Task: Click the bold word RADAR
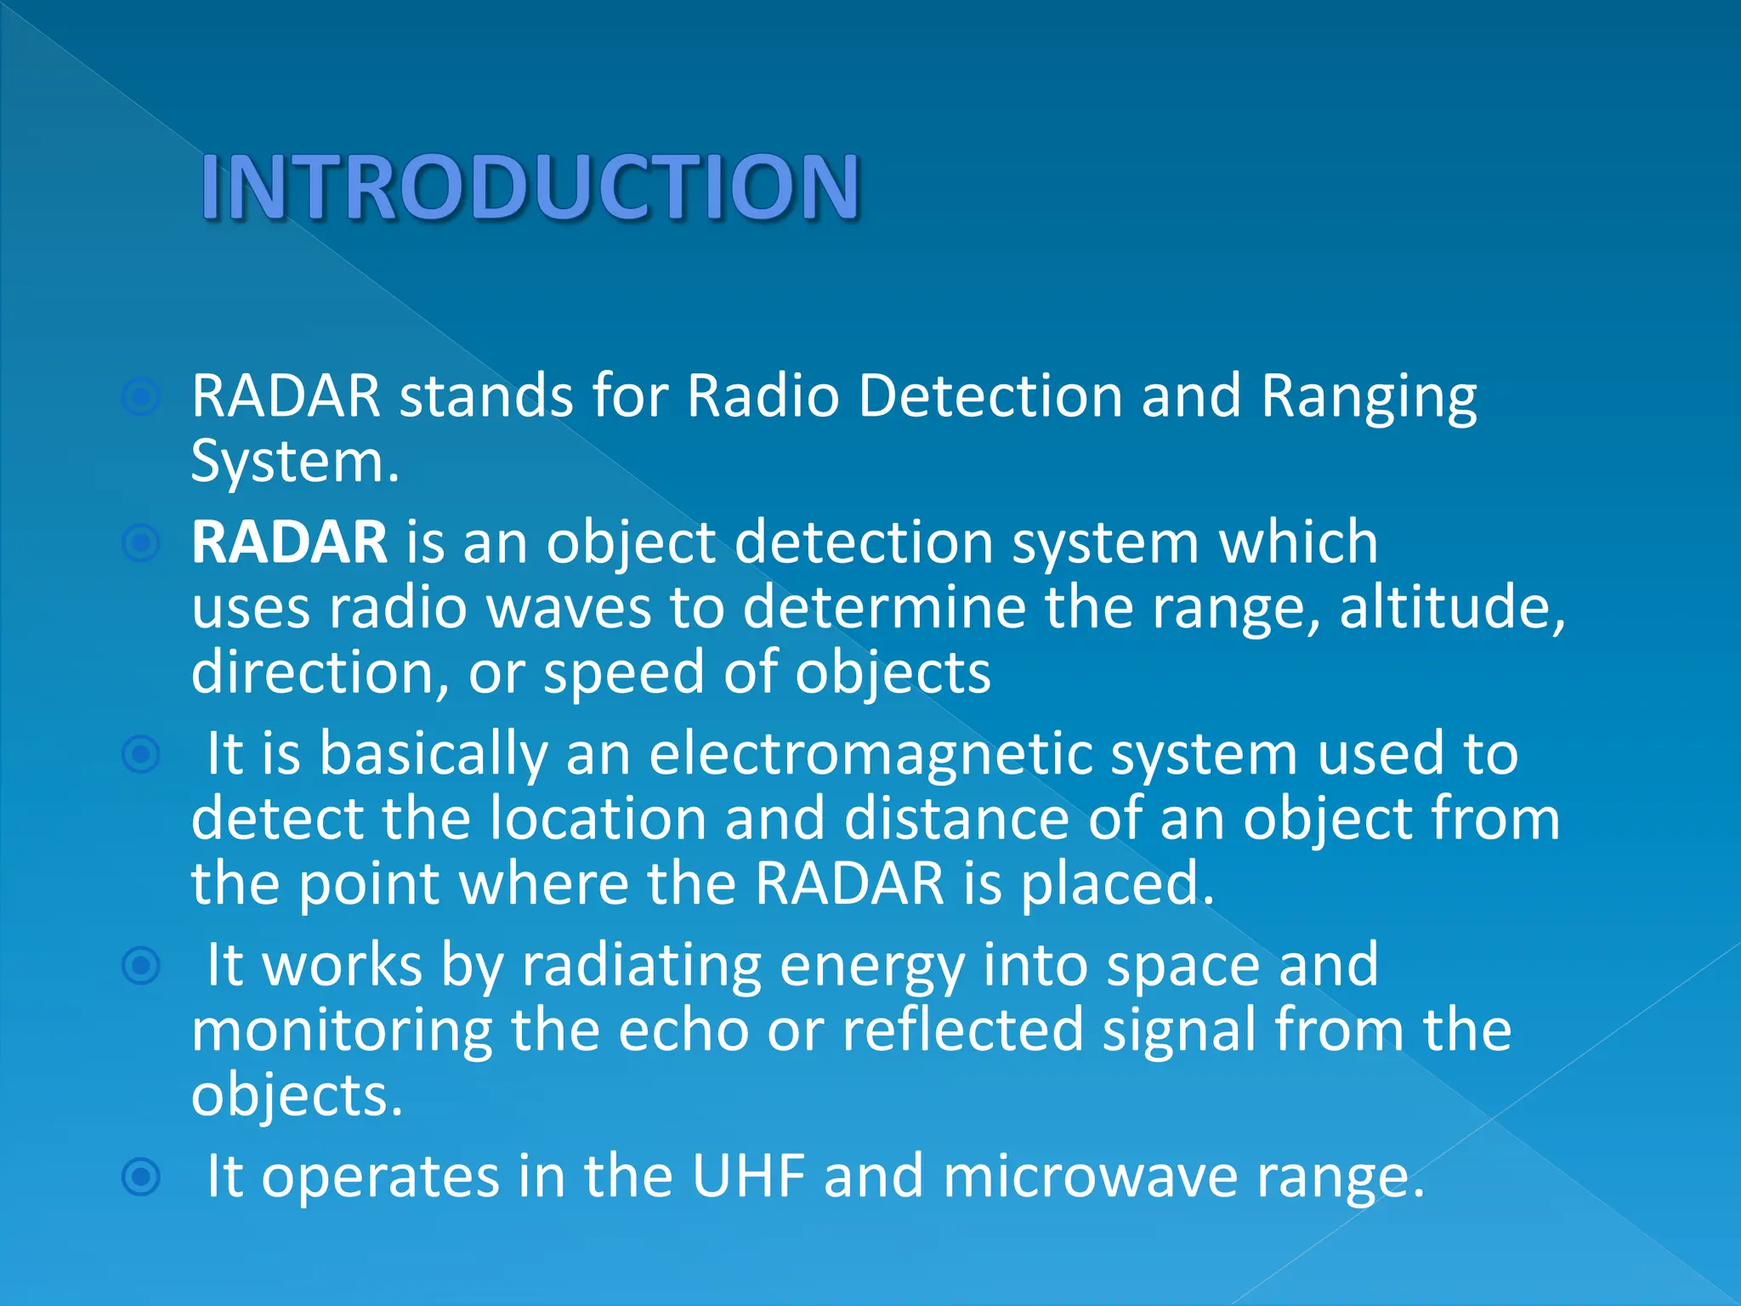[289, 542]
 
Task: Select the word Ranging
[1369, 398]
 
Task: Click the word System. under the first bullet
[294, 463]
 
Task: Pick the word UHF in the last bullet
[748, 1177]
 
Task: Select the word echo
[683, 1031]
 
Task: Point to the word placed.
[1117, 884]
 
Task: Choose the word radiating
[641, 966]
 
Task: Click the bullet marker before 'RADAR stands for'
[141, 397]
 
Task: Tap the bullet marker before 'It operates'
[141, 1178]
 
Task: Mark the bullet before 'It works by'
[141, 966]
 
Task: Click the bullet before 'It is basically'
[141, 754]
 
